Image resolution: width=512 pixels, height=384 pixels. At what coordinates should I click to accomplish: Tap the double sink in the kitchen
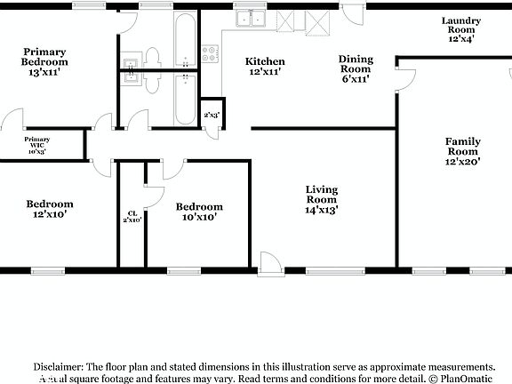[249, 18]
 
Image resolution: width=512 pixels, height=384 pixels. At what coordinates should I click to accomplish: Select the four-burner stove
[211, 54]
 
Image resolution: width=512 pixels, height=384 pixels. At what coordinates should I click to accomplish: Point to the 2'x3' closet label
[212, 115]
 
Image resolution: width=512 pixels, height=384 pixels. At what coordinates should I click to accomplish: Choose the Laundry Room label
[461, 29]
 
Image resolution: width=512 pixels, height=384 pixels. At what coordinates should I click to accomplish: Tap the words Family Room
[462, 146]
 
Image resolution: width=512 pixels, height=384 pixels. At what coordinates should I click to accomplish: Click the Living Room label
[321, 195]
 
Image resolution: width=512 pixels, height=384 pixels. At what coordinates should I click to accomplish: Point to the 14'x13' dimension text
[321, 211]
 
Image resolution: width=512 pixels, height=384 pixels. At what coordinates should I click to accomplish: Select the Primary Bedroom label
[45, 57]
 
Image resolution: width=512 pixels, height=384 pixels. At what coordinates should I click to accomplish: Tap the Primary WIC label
[36, 146]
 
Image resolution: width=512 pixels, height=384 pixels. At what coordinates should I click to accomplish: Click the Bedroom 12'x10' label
[49, 209]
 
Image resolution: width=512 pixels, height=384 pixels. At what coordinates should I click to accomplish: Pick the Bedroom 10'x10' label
[199, 211]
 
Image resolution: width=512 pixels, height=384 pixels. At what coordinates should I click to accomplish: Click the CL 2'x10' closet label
[132, 216]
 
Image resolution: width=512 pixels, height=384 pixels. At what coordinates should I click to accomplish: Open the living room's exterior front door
[268, 262]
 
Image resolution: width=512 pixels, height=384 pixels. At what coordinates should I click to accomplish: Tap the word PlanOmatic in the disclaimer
[467, 378]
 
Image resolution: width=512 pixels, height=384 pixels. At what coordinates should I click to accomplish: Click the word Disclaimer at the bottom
[60, 366]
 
